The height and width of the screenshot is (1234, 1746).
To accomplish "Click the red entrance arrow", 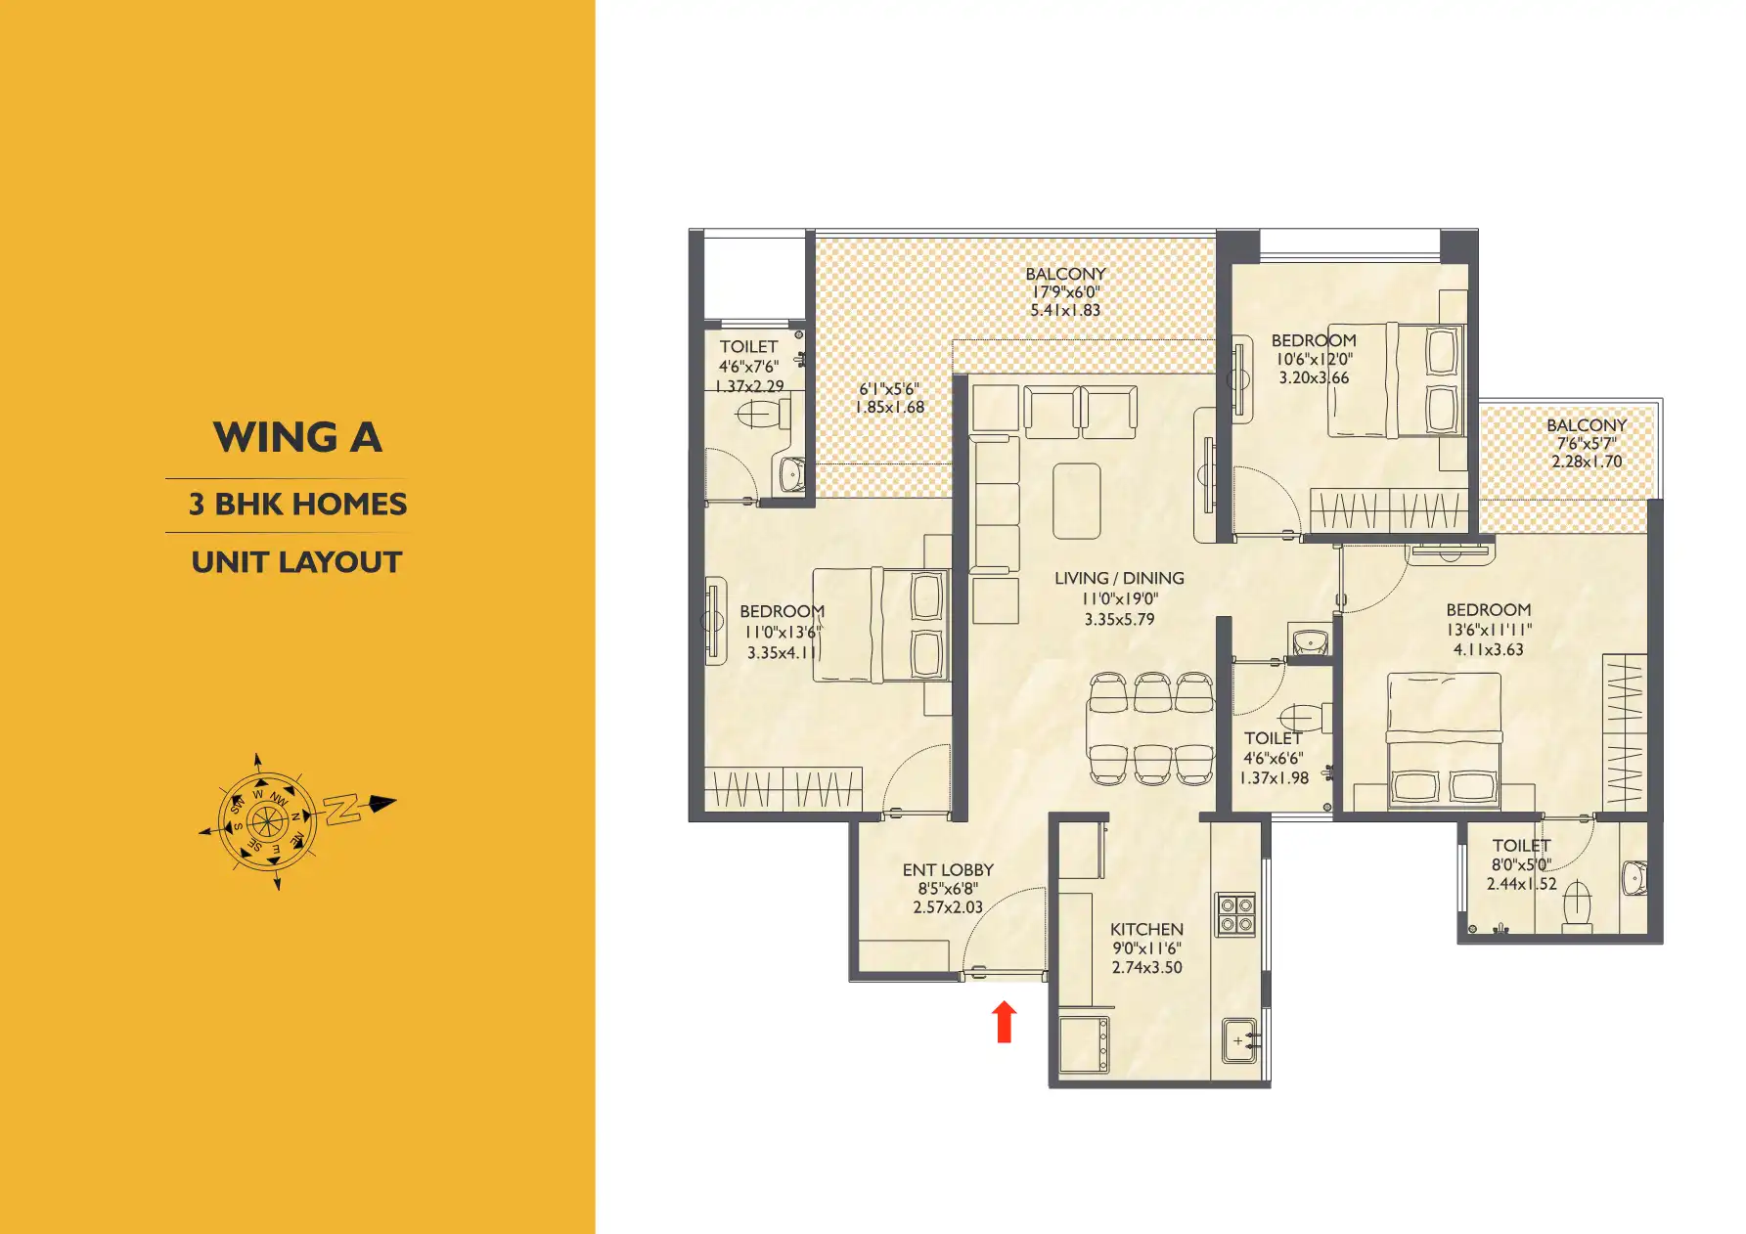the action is [x=1004, y=1022].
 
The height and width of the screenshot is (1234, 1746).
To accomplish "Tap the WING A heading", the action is [x=297, y=437].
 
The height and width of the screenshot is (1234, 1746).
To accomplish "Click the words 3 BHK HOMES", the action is [x=297, y=505].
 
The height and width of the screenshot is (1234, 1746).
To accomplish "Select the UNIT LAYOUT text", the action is [x=297, y=562].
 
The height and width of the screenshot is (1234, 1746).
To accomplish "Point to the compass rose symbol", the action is [x=265, y=821].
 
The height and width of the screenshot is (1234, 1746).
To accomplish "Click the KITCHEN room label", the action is [x=1146, y=929].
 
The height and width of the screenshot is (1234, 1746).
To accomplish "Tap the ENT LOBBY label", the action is [x=948, y=869].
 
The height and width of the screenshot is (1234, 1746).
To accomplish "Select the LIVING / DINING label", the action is [x=1119, y=578].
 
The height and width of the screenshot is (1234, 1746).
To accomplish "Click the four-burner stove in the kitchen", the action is [x=1235, y=914].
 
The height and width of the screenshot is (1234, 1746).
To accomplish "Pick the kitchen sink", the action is [x=1239, y=1042].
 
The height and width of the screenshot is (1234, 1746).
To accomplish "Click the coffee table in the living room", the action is [x=1077, y=501].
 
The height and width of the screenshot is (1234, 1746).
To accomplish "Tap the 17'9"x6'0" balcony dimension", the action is [x=1065, y=292].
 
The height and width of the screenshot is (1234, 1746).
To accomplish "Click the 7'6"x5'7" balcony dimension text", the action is [x=1587, y=443].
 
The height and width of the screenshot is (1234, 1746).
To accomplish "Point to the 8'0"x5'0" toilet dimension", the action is [x=1521, y=864].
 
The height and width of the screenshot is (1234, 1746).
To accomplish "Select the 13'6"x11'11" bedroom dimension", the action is [x=1489, y=630].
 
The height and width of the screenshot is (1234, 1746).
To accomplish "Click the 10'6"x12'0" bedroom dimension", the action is [x=1314, y=359].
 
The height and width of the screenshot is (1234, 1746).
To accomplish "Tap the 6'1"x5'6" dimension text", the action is [x=889, y=389].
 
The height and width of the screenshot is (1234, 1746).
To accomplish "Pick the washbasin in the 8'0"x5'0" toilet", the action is [x=1634, y=878].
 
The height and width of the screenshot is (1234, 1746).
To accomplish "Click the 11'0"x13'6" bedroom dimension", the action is [x=783, y=632].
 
